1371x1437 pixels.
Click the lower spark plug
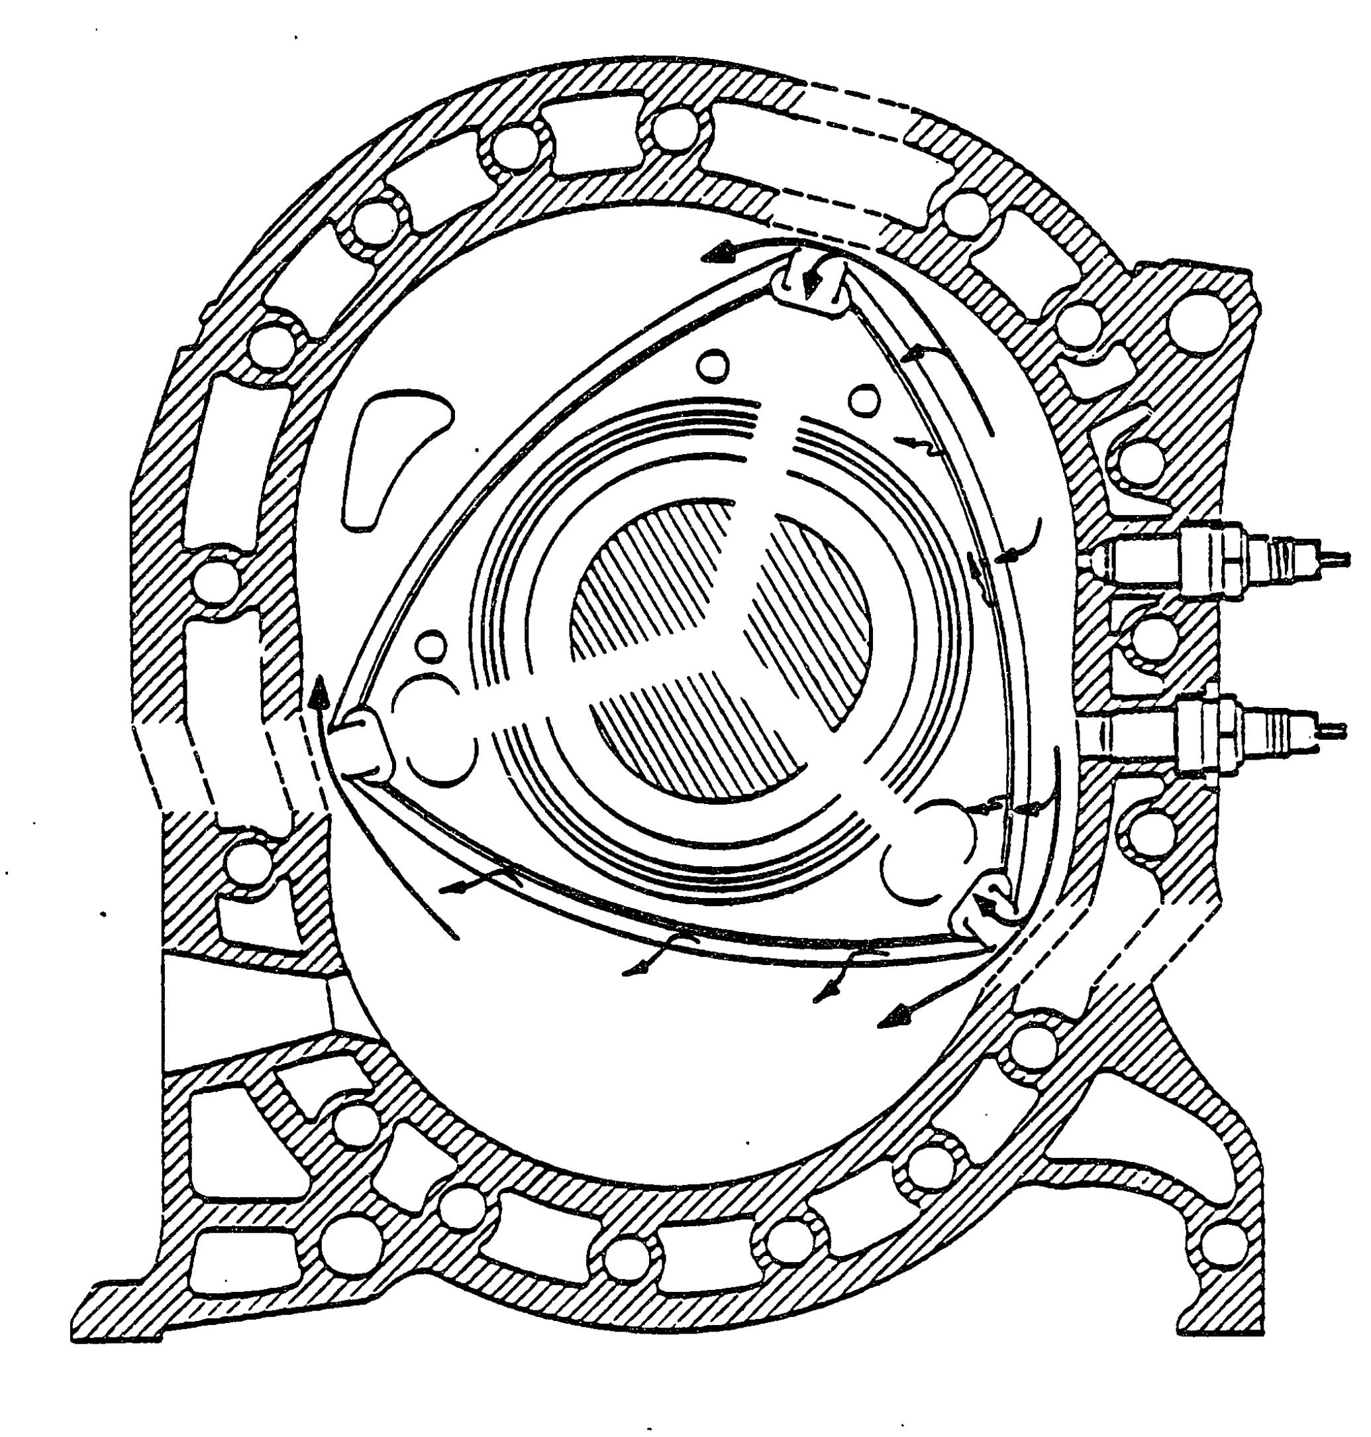(1213, 731)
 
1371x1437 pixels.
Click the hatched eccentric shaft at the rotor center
(720, 651)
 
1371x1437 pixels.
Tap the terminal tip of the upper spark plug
(1341, 559)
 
